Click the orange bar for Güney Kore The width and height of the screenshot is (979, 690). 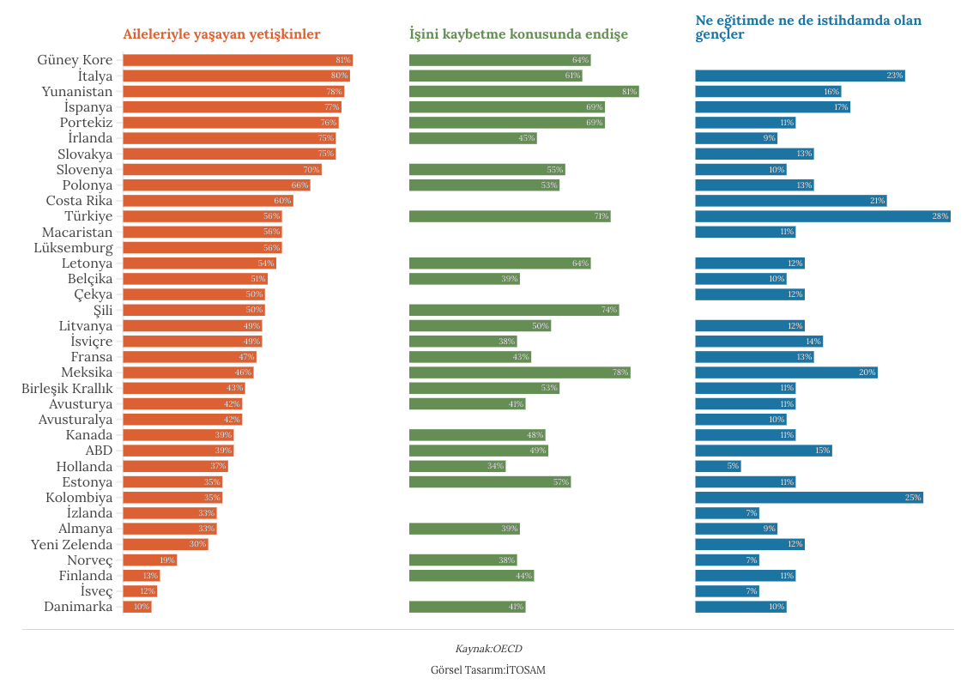(x=238, y=60)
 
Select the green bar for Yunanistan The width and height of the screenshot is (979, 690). (x=523, y=91)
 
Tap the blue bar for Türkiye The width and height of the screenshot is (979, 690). (x=822, y=216)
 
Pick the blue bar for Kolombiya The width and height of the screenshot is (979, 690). (x=808, y=498)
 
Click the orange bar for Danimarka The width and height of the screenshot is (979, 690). (x=137, y=607)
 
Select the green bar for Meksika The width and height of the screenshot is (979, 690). (x=519, y=372)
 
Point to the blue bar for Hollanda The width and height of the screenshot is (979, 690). (x=717, y=466)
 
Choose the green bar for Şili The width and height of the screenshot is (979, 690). (x=513, y=310)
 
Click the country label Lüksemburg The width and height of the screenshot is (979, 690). (x=73, y=248)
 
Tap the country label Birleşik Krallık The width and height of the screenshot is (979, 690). (x=67, y=388)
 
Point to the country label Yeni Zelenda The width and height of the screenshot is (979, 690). (x=71, y=545)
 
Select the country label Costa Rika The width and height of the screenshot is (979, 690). (x=79, y=201)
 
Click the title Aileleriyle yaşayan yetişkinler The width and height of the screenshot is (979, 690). (x=221, y=35)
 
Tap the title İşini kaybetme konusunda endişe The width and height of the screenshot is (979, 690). (x=518, y=35)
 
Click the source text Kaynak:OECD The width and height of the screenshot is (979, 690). (x=488, y=649)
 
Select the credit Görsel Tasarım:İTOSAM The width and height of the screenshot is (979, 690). (x=488, y=669)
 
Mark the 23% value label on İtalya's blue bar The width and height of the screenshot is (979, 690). (x=894, y=76)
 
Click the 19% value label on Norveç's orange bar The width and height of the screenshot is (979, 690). (x=166, y=560)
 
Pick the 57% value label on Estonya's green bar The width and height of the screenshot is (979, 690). (x=561, y=482)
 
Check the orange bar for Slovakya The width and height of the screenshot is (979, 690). (x=229, y=154)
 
